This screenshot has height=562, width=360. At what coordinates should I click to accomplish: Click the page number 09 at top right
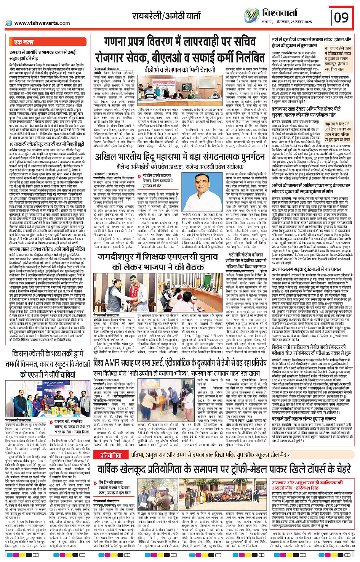341,18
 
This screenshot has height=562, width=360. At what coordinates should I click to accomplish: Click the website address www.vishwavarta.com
42,23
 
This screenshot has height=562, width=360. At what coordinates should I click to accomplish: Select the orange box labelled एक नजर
24,42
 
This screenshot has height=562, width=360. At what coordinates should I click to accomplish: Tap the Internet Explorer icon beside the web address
9,23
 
